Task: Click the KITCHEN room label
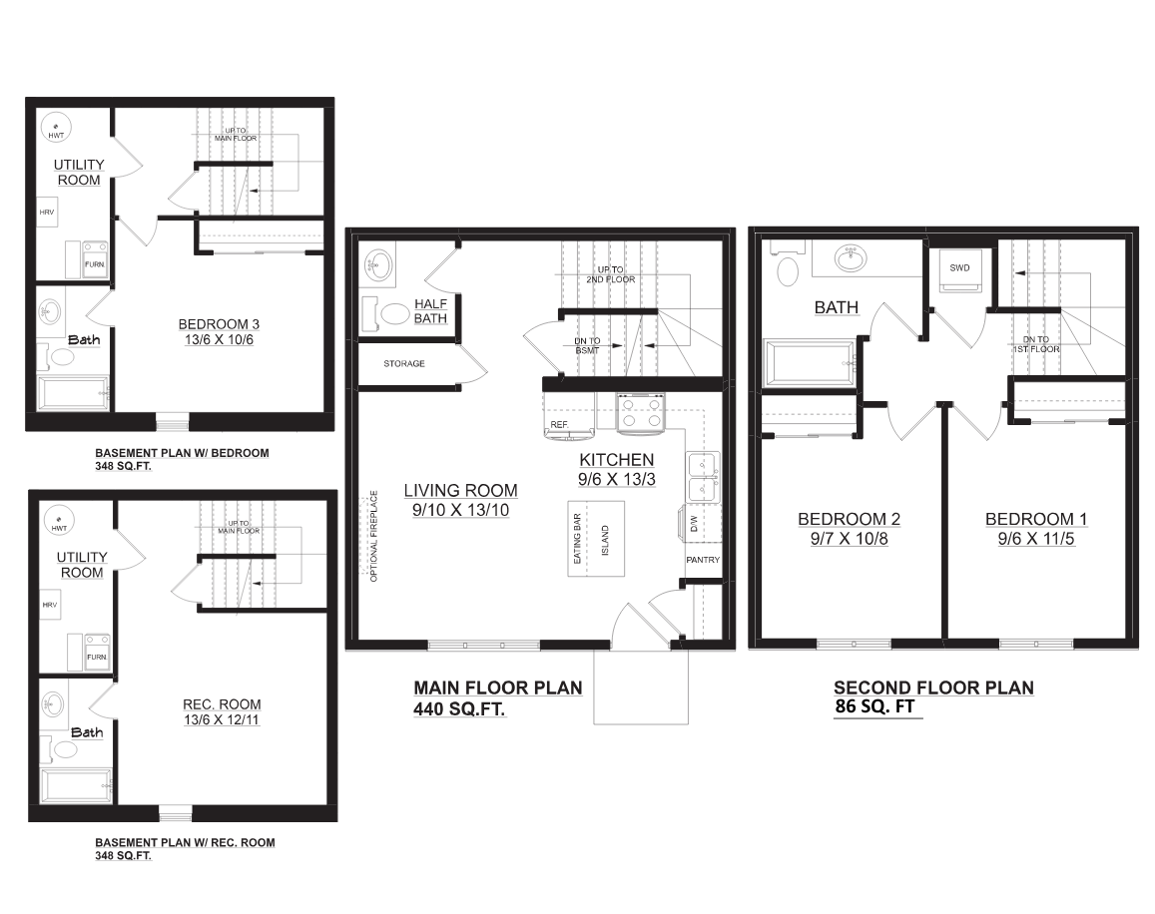(x=617, y=460)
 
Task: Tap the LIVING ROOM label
(x=460, y=490)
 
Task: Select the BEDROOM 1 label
(x=1036, y=519)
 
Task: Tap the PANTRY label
(x=703, y=560)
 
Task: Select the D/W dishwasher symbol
(x=692, y=523)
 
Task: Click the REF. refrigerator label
(x=559, y=425)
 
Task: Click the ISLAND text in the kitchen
(x=604, y=541)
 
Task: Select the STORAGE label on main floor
(x=404, y=364)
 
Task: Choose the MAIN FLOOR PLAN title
(x=497, y=687)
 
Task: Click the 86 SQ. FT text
(x=875, y=707)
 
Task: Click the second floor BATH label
(x=836, y=307)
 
